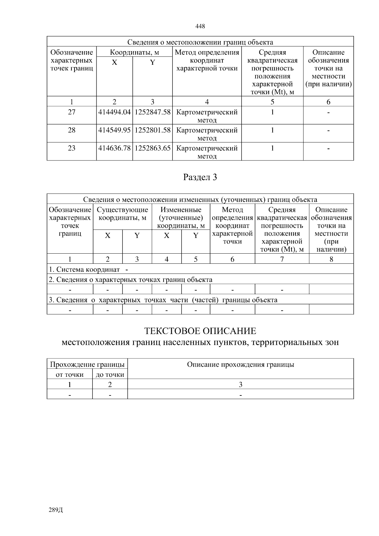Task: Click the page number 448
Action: click(200, 26)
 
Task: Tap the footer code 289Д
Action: click(56, 510)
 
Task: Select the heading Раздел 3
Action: click(200, 178)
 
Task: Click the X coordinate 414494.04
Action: click(114, 112)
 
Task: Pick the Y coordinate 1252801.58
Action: click(153, 130)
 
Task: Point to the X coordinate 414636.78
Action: click(114, 148)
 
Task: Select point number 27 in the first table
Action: click(72, 112)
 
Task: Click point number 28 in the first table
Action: click(72, 130)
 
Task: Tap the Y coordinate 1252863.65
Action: click(153, 148)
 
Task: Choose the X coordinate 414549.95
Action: click(114, 130)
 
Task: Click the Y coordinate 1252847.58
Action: click(153, 112)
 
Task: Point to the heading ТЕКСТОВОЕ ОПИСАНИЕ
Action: click(200, 331)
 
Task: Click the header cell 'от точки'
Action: click(69, 375)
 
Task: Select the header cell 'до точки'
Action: click(110, 375)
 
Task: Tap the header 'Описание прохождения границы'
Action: click(240, 364)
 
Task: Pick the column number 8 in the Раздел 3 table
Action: click(331, 259)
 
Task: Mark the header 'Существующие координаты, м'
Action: click(122, 214)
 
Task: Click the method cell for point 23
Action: click(207, 152)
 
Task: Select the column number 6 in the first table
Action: click(328, 102)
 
